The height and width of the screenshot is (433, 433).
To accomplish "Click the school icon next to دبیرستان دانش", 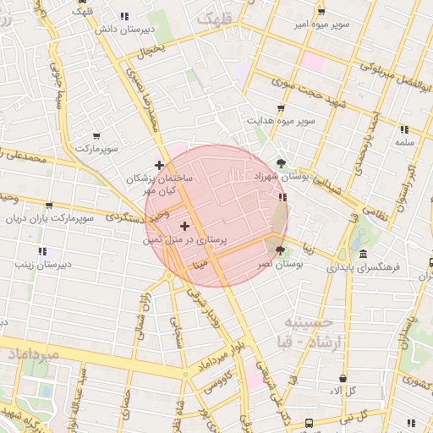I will click(124, 16).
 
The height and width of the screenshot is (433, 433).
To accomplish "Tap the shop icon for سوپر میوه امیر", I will click(321, 12).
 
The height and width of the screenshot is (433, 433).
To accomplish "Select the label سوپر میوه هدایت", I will click(281, 121).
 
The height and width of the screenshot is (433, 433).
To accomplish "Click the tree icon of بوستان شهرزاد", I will click(281, 163).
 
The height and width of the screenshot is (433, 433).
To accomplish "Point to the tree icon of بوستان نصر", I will click(280, 251).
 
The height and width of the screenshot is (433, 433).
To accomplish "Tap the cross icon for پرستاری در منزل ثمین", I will click(185, 226).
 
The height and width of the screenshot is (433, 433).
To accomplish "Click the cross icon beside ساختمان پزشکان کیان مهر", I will click(159, 164).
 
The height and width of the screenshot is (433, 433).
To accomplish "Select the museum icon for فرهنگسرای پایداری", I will click(363, 254).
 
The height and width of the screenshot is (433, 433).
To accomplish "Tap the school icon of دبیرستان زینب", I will click(41, 251).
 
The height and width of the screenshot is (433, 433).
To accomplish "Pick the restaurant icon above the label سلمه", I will click(403, 129).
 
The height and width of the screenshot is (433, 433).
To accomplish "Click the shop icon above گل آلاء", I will click(343, 378).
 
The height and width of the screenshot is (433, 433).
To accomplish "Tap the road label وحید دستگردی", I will click(132, 216).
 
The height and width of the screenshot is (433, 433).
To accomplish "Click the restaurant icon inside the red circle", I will click(282, 197).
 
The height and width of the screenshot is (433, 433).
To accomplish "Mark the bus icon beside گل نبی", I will click(310, 420).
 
